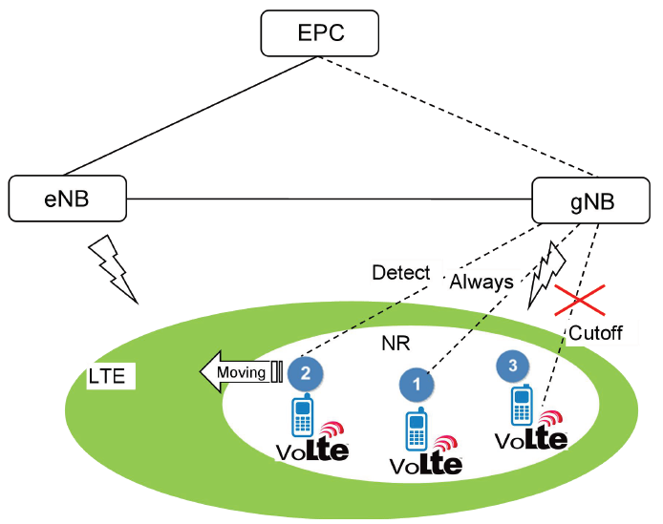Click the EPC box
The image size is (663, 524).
(x=320, y=34)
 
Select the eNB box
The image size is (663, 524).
(x=68, y=197)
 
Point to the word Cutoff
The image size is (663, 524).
(x=595, y=332)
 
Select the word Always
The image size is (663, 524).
(x=481, y=283)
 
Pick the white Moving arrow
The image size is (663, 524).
(x=239, y=371)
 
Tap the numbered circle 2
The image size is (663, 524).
(x=305, y=371)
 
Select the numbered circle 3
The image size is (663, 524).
(x=513, y=364)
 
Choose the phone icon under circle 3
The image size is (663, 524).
(x=522, y=406)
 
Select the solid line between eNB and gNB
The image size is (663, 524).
(x=330, y=199)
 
